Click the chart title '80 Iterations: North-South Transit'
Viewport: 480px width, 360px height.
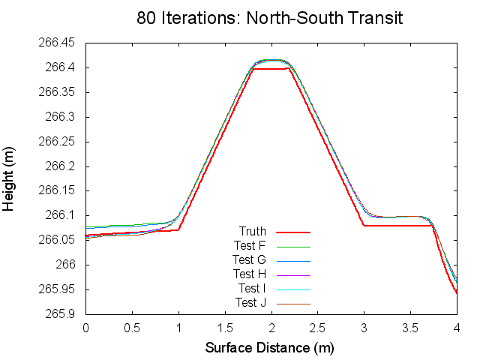pos(270,18)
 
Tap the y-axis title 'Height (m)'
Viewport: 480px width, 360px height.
pos(9,178)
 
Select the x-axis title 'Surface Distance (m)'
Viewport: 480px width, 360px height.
pos(270,348)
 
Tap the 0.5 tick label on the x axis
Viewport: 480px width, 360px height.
pos(132,328)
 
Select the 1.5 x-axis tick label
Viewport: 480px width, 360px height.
pos(225,328)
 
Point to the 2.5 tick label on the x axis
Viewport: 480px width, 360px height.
pos(317,328)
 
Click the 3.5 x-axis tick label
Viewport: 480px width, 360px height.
pos(410,328)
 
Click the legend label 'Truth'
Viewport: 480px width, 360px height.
pos(252,231)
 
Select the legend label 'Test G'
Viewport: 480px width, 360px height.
pos(249,259)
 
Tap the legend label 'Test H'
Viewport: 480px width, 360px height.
pos(249,274)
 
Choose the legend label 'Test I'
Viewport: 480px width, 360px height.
pos(250,288)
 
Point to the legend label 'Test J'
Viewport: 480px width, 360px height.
pos(250,302)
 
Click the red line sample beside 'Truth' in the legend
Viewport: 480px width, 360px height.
pos(293,232)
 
